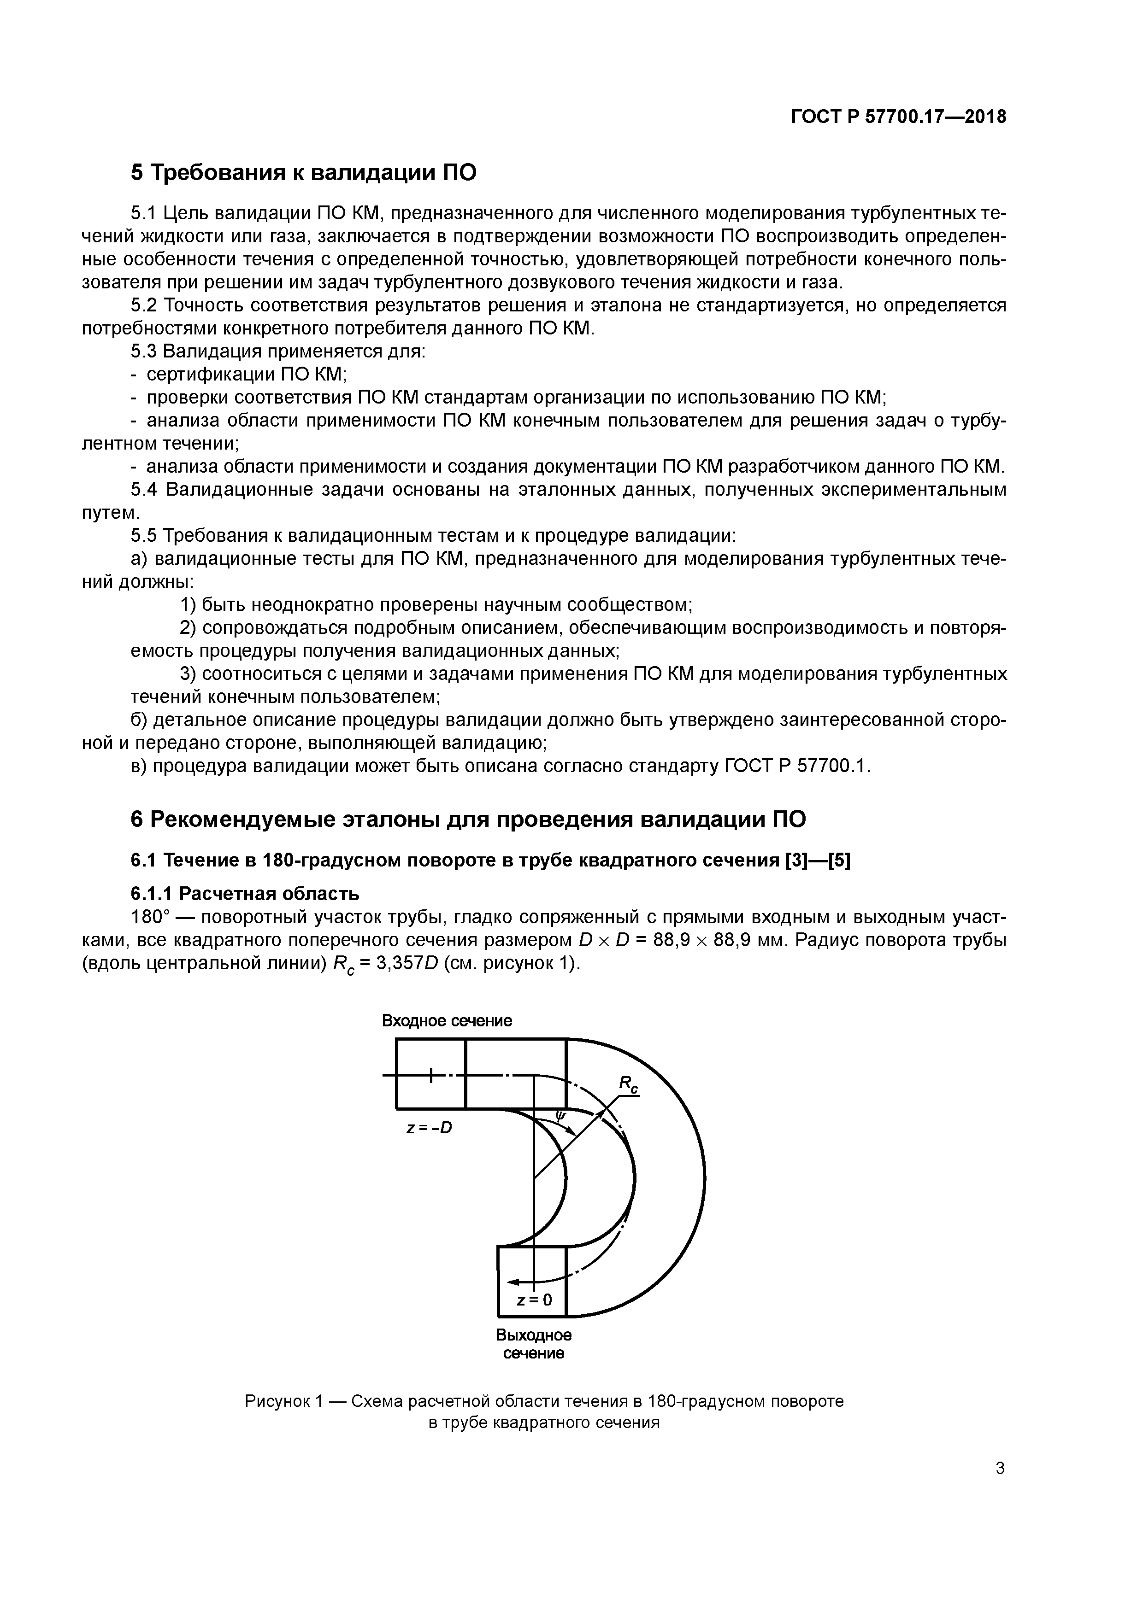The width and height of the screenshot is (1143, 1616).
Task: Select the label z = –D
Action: (429, 1128)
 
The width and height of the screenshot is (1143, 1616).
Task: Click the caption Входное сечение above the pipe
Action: (447, 1020)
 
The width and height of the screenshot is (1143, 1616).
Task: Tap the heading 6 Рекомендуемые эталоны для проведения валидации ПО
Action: (468, 819)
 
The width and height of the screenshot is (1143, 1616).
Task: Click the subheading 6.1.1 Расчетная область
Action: (245, 894)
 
